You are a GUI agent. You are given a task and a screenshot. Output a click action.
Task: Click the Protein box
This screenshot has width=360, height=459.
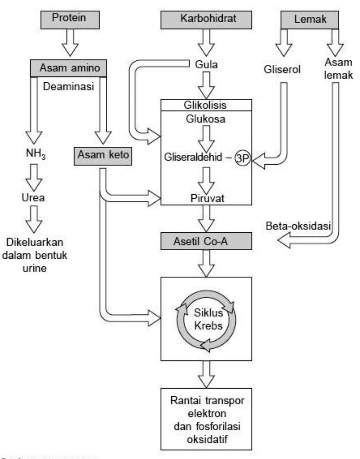coord(70,19)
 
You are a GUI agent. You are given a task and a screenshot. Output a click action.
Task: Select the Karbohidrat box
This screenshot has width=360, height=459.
coord(206,19)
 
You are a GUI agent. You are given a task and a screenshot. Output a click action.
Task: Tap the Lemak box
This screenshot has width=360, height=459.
coord(310,19)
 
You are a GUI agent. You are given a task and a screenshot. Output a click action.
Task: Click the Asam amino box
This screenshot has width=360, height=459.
coord(69,68)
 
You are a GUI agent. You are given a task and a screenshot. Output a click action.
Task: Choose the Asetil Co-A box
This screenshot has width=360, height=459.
coord(206,241)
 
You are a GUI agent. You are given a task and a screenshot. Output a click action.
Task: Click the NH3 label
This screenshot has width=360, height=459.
coord(36,154)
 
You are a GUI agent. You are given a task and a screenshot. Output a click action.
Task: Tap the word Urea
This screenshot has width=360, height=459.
coord(33,197)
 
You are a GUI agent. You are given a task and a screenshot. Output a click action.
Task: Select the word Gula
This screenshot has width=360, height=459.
coord(206,64)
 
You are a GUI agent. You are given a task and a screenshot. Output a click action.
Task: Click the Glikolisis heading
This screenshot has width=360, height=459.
coord(205,105)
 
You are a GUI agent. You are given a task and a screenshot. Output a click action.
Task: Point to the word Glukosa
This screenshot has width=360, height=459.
coord(206,119)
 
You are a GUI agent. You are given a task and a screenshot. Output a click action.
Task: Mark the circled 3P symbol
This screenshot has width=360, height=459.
coord(242,158)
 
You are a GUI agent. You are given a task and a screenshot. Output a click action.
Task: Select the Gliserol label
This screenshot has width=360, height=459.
coord(282,69)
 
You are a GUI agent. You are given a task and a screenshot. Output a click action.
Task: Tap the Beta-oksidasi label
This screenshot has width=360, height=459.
coord(298,226)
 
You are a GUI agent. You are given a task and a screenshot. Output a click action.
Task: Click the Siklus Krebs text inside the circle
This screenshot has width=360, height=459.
coord(208,319)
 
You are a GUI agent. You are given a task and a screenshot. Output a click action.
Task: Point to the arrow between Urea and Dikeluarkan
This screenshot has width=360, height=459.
coord(34,219)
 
